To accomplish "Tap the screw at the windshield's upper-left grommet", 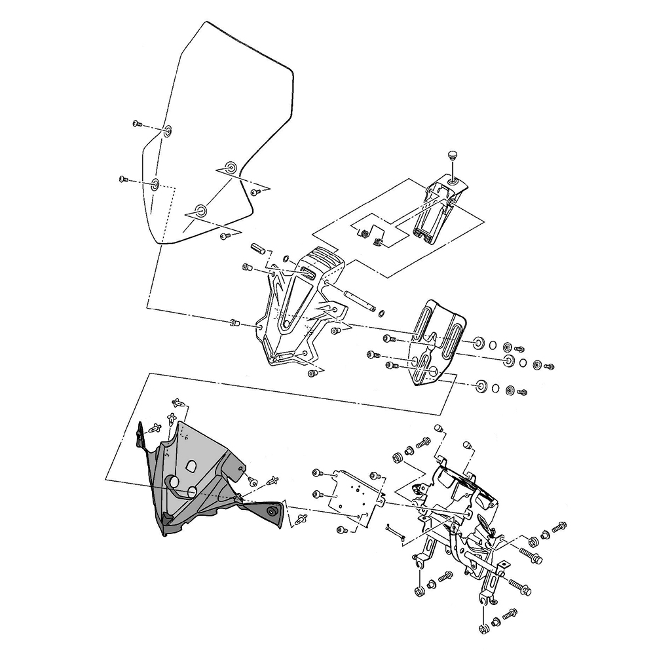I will [138, 123].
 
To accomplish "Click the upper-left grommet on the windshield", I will [168, 130].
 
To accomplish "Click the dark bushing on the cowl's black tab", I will [271, 511].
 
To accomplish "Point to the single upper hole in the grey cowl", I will [191, 466].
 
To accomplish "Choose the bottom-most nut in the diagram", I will [483, 628].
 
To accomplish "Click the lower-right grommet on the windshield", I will [200, 211].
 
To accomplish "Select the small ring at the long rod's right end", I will [381, 311].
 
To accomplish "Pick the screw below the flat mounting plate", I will [341, 529].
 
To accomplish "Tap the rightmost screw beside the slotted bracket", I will [549, 365].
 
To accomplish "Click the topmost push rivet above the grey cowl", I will [178, 400].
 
